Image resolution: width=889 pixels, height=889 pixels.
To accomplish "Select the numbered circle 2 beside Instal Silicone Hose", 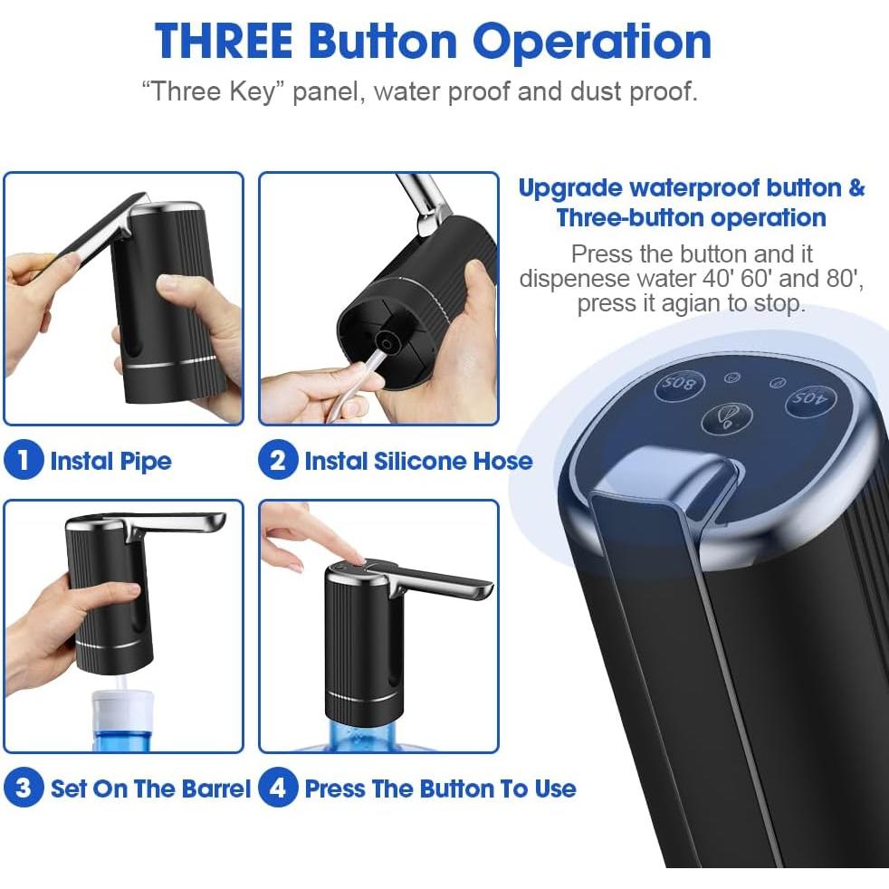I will (x=278, y=461).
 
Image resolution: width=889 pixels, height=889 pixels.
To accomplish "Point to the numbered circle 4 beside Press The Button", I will (x=278, y=788).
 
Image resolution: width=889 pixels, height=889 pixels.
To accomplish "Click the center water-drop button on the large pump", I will (x=729, y=418).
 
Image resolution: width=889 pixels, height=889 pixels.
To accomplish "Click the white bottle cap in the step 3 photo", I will (x=119, y=701).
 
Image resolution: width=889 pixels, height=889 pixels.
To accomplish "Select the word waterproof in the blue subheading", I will (x=694, y=188).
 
